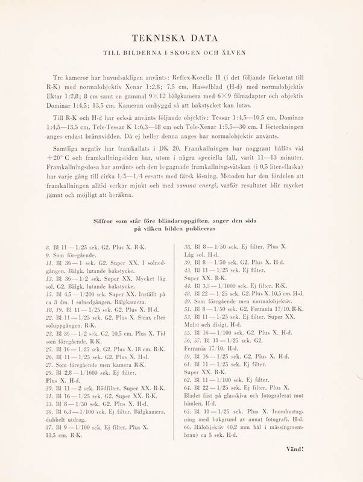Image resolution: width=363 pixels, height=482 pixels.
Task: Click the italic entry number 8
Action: click(x=48, y=246)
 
